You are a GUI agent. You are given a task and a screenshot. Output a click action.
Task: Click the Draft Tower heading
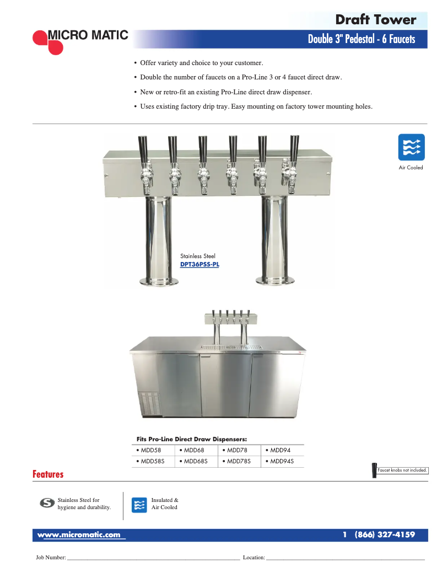click(x=375, y=20)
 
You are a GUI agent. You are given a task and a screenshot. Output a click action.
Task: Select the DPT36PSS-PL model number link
click(x=200, y=264)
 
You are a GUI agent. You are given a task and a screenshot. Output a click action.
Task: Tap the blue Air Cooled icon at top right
click(x=411, y=147)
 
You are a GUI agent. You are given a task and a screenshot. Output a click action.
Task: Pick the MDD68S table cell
click(x=196, y=461)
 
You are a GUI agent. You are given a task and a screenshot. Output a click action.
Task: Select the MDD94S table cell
click(x=282, y=461)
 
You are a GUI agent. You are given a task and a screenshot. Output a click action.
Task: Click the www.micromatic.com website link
click(x=78, y=535)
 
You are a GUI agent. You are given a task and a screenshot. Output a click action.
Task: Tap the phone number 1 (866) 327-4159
click(x=379, y=535)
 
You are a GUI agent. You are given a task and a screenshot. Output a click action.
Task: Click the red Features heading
click(x=48, y=474)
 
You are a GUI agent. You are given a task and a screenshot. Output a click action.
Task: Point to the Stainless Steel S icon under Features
click(x=48, y=503)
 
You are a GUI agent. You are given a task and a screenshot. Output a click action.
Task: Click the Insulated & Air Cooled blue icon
click(x=139, y=505)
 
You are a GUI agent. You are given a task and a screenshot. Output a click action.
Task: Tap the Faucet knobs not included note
click(x=402, y=470)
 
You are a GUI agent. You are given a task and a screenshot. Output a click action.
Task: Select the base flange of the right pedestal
click(x=274, y=281)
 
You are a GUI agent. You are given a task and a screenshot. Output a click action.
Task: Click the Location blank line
click(x=346, y=558)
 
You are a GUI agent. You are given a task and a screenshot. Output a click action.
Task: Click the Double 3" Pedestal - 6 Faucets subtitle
click(x=361, y=39)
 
